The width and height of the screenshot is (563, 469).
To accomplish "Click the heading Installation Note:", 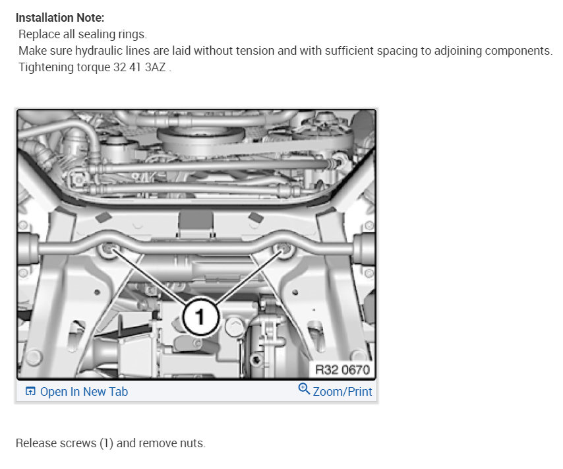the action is [60, 18].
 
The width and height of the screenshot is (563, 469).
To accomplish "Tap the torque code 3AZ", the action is [155, 67].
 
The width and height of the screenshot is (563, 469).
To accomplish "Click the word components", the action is [518, 51].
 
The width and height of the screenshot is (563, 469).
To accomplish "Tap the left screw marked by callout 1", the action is [108, 248].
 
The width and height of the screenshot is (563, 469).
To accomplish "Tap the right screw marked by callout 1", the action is [284, 248].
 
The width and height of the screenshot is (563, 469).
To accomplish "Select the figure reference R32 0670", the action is [342, 369].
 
